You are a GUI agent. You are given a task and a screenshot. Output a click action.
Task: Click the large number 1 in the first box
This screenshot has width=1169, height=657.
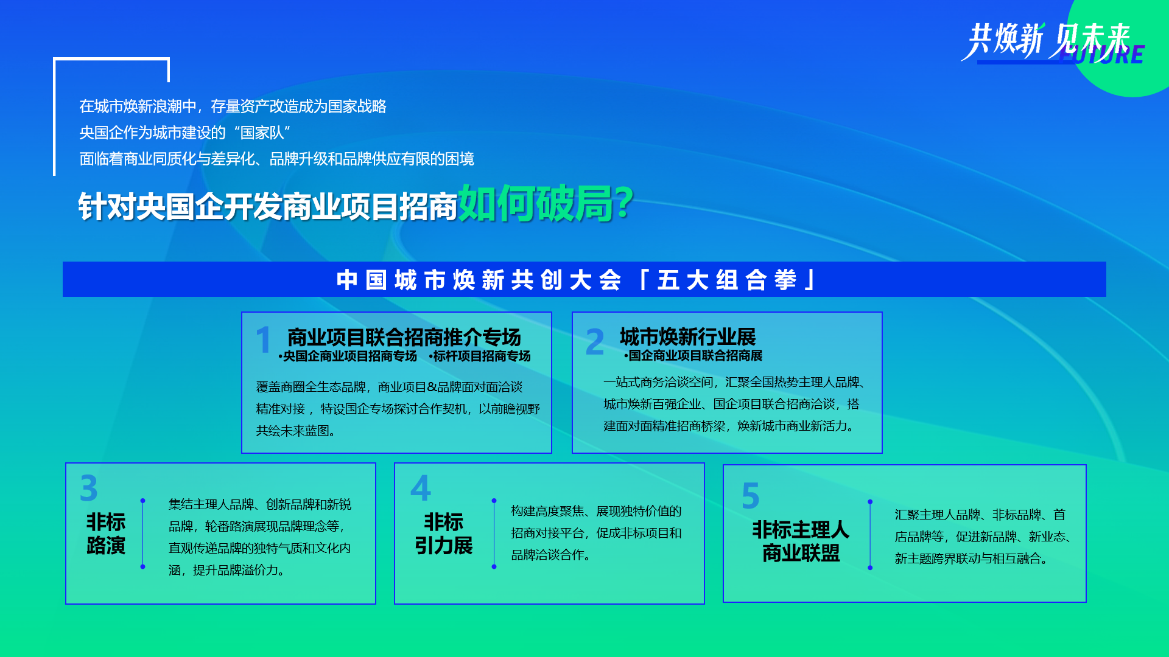coord(263,339)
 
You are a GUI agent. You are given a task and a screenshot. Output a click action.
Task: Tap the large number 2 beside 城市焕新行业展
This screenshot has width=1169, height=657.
coord(595,341)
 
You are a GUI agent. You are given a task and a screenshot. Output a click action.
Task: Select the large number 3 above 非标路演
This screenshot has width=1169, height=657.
coord(89,488)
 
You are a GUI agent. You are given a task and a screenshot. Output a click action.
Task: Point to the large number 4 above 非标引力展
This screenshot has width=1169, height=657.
coord(421,488)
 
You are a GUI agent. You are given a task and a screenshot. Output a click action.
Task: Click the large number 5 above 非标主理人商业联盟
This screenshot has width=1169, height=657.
coord(751,496)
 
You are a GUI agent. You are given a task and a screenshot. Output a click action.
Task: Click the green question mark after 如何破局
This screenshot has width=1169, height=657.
coord(624,203)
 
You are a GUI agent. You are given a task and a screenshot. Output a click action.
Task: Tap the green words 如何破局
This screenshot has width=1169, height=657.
coord(536,203)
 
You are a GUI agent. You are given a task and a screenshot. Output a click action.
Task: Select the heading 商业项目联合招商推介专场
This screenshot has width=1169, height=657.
coord(404,336)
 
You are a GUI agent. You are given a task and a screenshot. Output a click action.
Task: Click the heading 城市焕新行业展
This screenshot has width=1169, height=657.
coord(688,336)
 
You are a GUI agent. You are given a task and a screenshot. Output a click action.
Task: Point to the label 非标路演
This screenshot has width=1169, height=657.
coord(106,534)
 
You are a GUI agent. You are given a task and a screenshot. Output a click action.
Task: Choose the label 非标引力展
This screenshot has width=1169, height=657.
coord(444,534)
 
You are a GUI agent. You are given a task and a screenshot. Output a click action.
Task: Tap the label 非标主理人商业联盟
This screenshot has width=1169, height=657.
coord(801,541)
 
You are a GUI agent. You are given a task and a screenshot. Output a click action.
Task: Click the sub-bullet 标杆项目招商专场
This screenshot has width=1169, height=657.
coord(480,356)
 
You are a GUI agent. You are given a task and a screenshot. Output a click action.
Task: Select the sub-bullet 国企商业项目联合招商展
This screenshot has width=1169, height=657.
coord(693,355)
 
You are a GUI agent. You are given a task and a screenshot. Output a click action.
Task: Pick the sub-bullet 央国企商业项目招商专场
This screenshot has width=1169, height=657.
coord(348,356)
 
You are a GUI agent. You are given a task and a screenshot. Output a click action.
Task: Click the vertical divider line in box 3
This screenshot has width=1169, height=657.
coord(142,534)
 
